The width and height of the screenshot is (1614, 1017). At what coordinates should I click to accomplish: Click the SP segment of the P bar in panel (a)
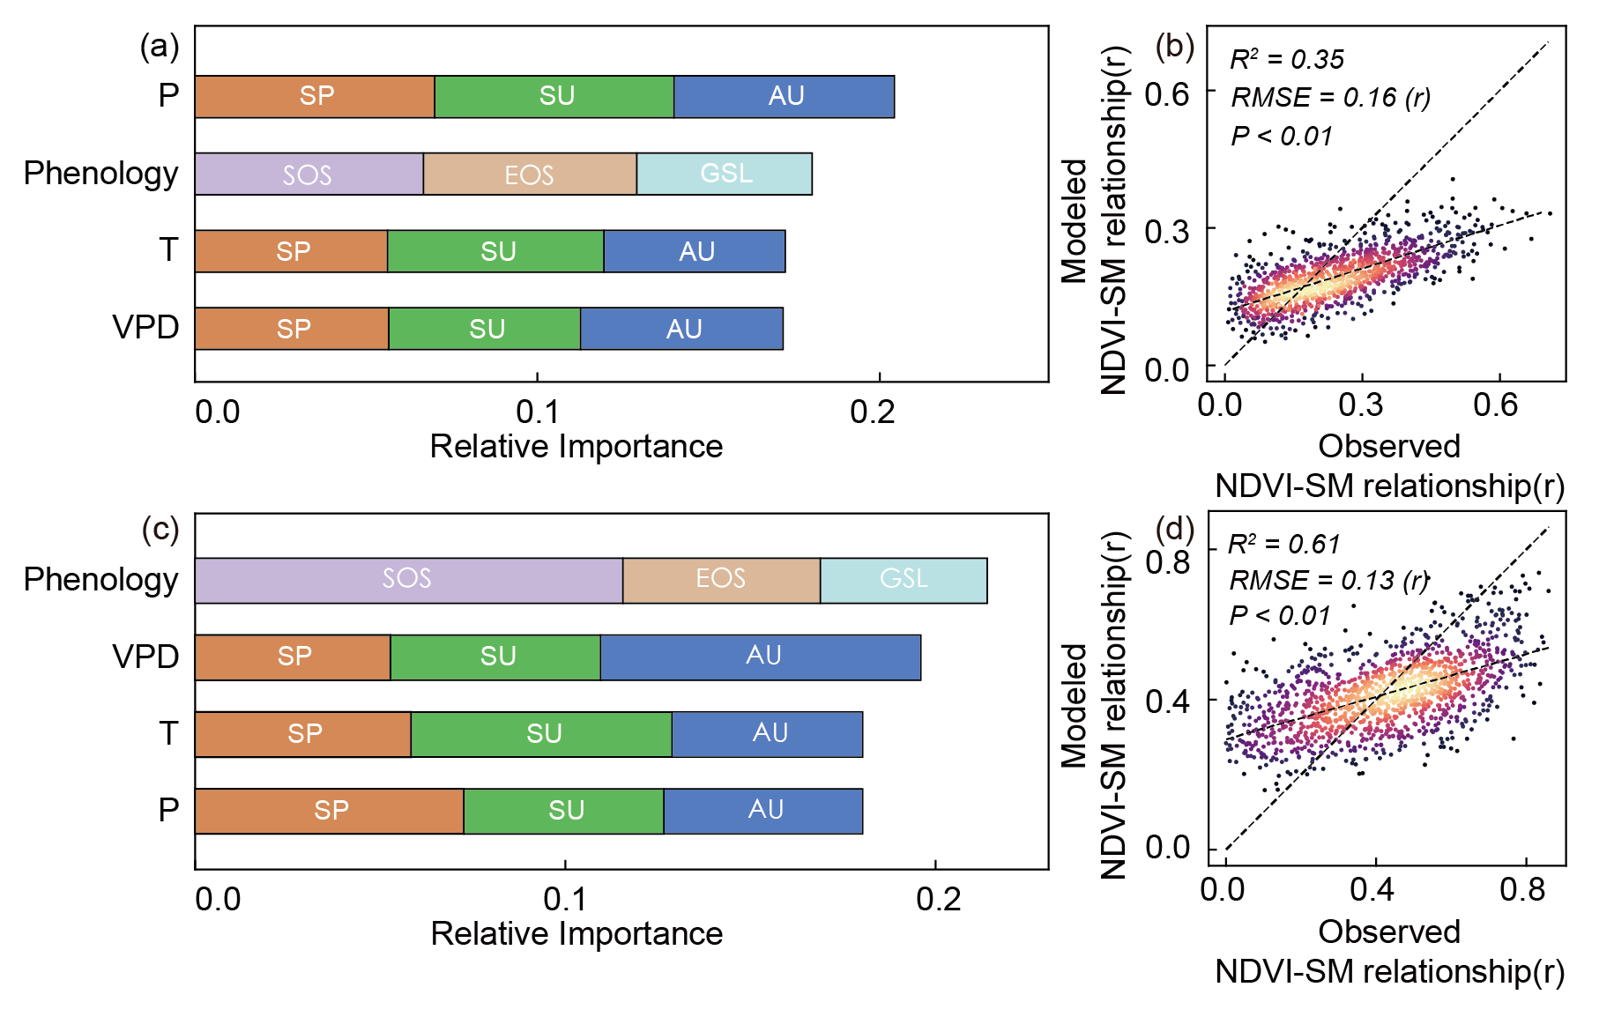315,96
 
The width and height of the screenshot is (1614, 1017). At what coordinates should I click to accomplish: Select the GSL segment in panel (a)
725,174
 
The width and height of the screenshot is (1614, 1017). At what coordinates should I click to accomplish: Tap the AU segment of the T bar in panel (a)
695,251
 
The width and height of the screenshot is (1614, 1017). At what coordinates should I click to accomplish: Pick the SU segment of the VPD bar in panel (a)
485,329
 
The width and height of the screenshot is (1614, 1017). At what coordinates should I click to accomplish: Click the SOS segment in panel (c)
408,580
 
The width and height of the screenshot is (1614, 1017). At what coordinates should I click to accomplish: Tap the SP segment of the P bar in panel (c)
330,811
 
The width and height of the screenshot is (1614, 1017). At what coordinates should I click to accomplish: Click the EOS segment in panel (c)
721,580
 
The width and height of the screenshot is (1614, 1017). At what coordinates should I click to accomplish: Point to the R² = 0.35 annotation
1286,59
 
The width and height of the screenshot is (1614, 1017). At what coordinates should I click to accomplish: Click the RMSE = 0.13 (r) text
1328,580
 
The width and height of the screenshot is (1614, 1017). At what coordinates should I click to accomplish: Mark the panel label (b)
1174,46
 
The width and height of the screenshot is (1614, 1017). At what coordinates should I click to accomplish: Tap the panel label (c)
160,529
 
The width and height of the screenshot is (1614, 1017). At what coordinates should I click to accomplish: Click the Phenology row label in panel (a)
100,174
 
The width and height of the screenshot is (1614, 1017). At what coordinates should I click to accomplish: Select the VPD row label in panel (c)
145,657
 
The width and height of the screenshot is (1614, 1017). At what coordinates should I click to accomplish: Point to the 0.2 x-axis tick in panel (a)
873,412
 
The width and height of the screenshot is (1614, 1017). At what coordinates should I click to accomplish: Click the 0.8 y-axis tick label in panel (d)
1167,562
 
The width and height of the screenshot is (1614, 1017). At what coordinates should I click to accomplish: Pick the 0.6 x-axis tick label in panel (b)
1496,405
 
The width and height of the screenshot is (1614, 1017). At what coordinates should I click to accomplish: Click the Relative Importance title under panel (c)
576,933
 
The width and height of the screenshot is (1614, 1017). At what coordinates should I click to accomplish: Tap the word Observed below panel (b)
1388,446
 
